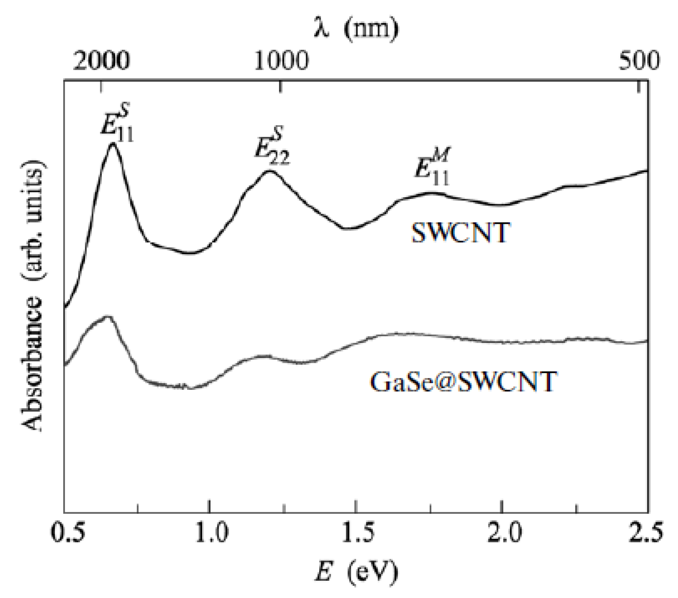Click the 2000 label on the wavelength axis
click(101, 61)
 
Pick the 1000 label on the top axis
click(281, 61)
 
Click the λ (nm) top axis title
click(356, 28)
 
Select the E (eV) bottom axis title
click(356, 573)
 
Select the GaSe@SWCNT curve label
click(463, 382)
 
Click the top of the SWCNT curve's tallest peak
click(113, 144)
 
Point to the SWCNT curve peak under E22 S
click(269, 171)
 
